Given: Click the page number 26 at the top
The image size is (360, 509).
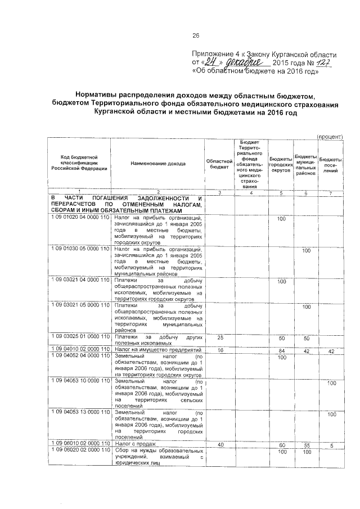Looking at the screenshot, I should click(196, 35).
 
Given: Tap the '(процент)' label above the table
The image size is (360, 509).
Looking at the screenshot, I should click(330, 136).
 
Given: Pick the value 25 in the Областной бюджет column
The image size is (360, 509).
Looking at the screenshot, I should click(220, 337).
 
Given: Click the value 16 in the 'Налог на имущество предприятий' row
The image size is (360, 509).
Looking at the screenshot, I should click(220, 351).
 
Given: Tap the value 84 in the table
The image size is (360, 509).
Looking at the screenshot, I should click(281, 351).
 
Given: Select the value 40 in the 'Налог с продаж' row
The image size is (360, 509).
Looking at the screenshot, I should click(220, 444).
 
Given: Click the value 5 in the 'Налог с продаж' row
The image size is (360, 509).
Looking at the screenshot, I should click(332, 444).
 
